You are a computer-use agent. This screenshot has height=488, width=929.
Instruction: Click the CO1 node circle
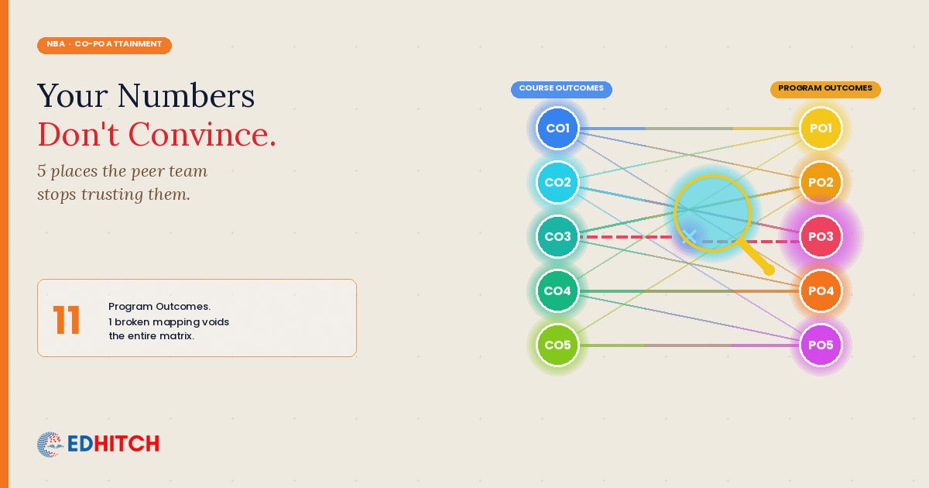(x=557, y=129)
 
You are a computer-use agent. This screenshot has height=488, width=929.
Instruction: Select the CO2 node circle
(x=557, y=182)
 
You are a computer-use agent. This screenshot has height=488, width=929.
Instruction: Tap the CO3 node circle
(x=557, y=236)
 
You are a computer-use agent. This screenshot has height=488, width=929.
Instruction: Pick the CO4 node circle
(x=557, y=291)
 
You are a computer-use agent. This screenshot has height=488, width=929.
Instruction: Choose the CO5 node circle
(x=557, y=345)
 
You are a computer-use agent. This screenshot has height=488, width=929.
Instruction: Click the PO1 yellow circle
(x=821, y=129)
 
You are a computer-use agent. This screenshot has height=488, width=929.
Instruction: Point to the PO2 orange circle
(x=821, y=182)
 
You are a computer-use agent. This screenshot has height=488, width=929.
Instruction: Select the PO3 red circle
(x=821, y=236)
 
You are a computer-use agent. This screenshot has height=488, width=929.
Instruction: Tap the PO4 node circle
(x=821, y=291)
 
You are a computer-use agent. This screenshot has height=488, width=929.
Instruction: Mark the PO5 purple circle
(x=821, y=345)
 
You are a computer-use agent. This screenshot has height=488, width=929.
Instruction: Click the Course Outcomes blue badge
(x=561, y=90)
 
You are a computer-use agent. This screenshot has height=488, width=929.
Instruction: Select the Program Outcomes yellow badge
(x=825, y=90)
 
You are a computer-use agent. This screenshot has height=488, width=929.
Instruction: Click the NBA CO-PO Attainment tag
(x=105, y=45)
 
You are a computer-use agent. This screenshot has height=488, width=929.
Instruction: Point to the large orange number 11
(x=67, y=319)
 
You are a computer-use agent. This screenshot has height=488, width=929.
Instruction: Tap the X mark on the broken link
(x=689, y=237)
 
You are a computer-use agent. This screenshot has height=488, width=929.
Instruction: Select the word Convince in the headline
(x=202, y=135)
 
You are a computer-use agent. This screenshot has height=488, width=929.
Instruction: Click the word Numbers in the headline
(x=186, y=96)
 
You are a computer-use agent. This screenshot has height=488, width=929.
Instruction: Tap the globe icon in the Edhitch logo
(x=50, y=445)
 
